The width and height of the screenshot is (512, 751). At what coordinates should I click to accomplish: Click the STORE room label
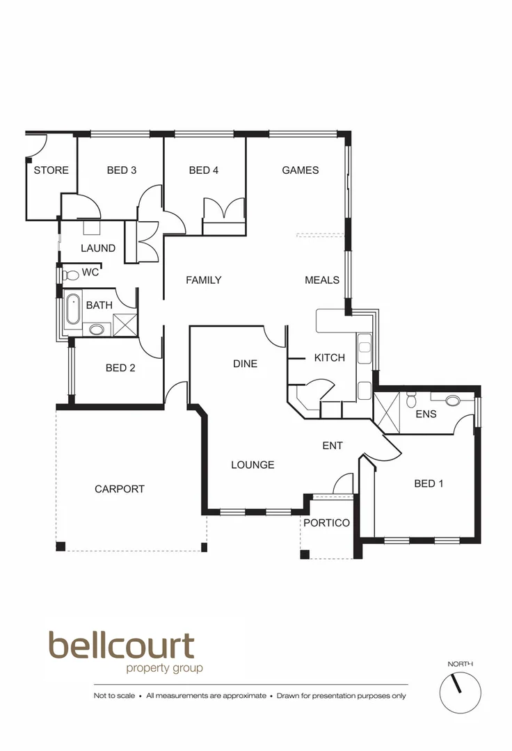click(x=51, y=170)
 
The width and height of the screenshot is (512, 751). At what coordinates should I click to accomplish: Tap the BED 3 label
click(x=122, y=170)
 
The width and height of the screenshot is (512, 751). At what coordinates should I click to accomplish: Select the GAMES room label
click(x=301, y=170)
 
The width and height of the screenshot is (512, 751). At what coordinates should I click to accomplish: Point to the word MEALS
click(x=322, y=280)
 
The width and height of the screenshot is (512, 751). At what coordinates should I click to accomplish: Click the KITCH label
click(x=330, y=358)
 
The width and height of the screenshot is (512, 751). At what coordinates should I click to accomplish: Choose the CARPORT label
click(x=120, y=489)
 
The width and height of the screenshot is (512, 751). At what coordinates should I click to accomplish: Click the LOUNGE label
click(x=253, y=465)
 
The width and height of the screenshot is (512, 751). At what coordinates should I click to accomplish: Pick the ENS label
click(x=426, y=414)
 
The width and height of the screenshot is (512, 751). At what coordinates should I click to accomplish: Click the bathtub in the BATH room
click(x=72, y=310)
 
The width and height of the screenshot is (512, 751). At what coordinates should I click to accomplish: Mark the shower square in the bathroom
click(x=125, y=324)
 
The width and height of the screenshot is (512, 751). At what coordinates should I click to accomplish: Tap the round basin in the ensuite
click(x=453, y=401)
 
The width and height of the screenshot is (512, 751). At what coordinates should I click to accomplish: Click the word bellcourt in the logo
click(x=121, y=646)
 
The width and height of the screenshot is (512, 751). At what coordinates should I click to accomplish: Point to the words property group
click(x=164, y=669)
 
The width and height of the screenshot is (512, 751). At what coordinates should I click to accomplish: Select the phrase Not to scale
click(x=114, y=695)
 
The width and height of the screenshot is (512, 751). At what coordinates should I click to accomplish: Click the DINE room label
click(x=245, y=364)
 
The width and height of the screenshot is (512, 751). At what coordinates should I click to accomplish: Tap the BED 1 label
click(x=429, y=484)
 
